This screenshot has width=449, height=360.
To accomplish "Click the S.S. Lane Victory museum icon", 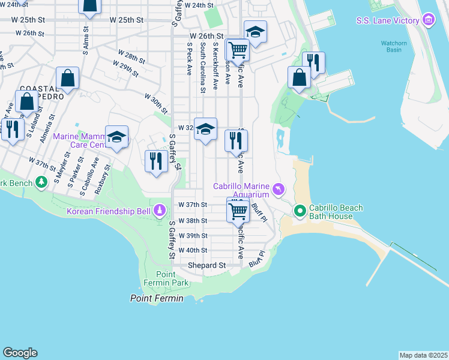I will (x=428, y=21).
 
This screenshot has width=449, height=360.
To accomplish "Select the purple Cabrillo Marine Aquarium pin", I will (x=277, y=190).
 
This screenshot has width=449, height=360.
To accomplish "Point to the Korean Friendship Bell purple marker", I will (x=160, y=211).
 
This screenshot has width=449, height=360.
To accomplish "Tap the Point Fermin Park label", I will (x=166, y=278).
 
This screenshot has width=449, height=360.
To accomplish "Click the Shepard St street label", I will (x=206, y=265).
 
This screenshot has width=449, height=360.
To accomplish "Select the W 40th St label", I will (x=192, y=250).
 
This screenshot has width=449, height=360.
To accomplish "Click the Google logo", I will (x=20, y=353).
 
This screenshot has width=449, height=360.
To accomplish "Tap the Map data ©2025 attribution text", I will (x=423, y=355).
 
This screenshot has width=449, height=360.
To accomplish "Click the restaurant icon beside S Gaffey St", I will (x=155, y=161).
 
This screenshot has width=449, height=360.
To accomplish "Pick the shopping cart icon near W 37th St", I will (x=238, y=211).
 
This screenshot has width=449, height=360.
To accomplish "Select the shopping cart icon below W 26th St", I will (x=238, y=50).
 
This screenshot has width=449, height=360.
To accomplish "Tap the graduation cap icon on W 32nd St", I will (x=205, y=129).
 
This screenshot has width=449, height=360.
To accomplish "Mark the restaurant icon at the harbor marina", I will (x=313, y=62).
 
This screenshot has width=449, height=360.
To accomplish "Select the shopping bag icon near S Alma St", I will (x=89, y=5).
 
